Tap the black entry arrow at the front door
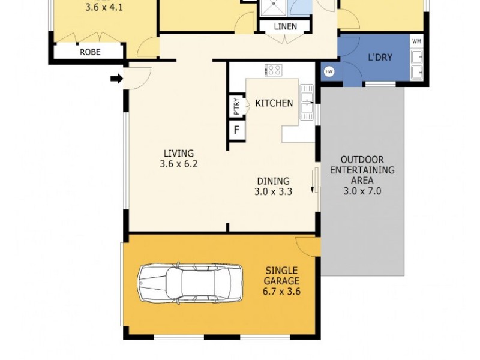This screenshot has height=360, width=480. tap(117, 79)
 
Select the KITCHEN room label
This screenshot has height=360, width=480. tap(274, 103)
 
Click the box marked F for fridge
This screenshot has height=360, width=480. tap(236, 129)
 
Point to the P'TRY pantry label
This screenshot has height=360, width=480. tap(236, 106)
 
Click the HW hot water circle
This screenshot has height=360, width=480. tap(329, 71)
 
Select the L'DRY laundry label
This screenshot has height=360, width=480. tap(380, 58)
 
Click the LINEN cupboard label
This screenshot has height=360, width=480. tap(286, 27)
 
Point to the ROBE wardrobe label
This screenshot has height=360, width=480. tap(90, 52)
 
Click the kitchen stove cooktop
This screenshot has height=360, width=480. tap(274, 70)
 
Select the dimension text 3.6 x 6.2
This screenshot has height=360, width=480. tap(179, 164)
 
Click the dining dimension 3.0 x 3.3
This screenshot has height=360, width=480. tap(273, 193)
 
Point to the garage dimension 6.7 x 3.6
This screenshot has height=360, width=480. tap(281, 292)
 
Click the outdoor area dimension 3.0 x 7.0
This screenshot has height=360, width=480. tap(362, 191)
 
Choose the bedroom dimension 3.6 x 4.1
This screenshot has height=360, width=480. tap(104, 8)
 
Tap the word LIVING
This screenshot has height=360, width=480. tap(179, 154)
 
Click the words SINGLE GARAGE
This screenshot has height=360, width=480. tap(281, 276)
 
